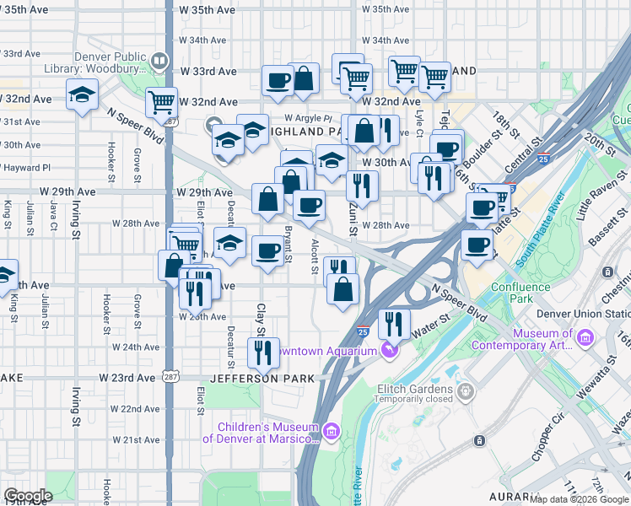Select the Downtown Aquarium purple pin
tap(389, 348)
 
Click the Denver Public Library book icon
tap(158, 62)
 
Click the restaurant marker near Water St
tap(393, 323)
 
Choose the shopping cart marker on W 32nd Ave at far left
tap(161, 103)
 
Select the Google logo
tap(28, 496)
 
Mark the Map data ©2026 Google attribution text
tap(580, 499)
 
